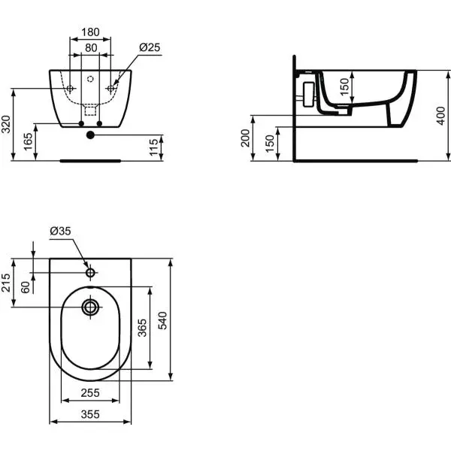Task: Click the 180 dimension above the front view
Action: [90, 32]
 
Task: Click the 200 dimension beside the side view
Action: [246, 138]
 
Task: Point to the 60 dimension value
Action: [27, 287]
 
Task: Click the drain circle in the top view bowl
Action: [91, 307]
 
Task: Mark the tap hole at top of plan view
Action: [90, 271]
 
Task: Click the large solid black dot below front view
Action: [90, 135]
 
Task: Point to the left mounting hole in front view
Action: [70, 89]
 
